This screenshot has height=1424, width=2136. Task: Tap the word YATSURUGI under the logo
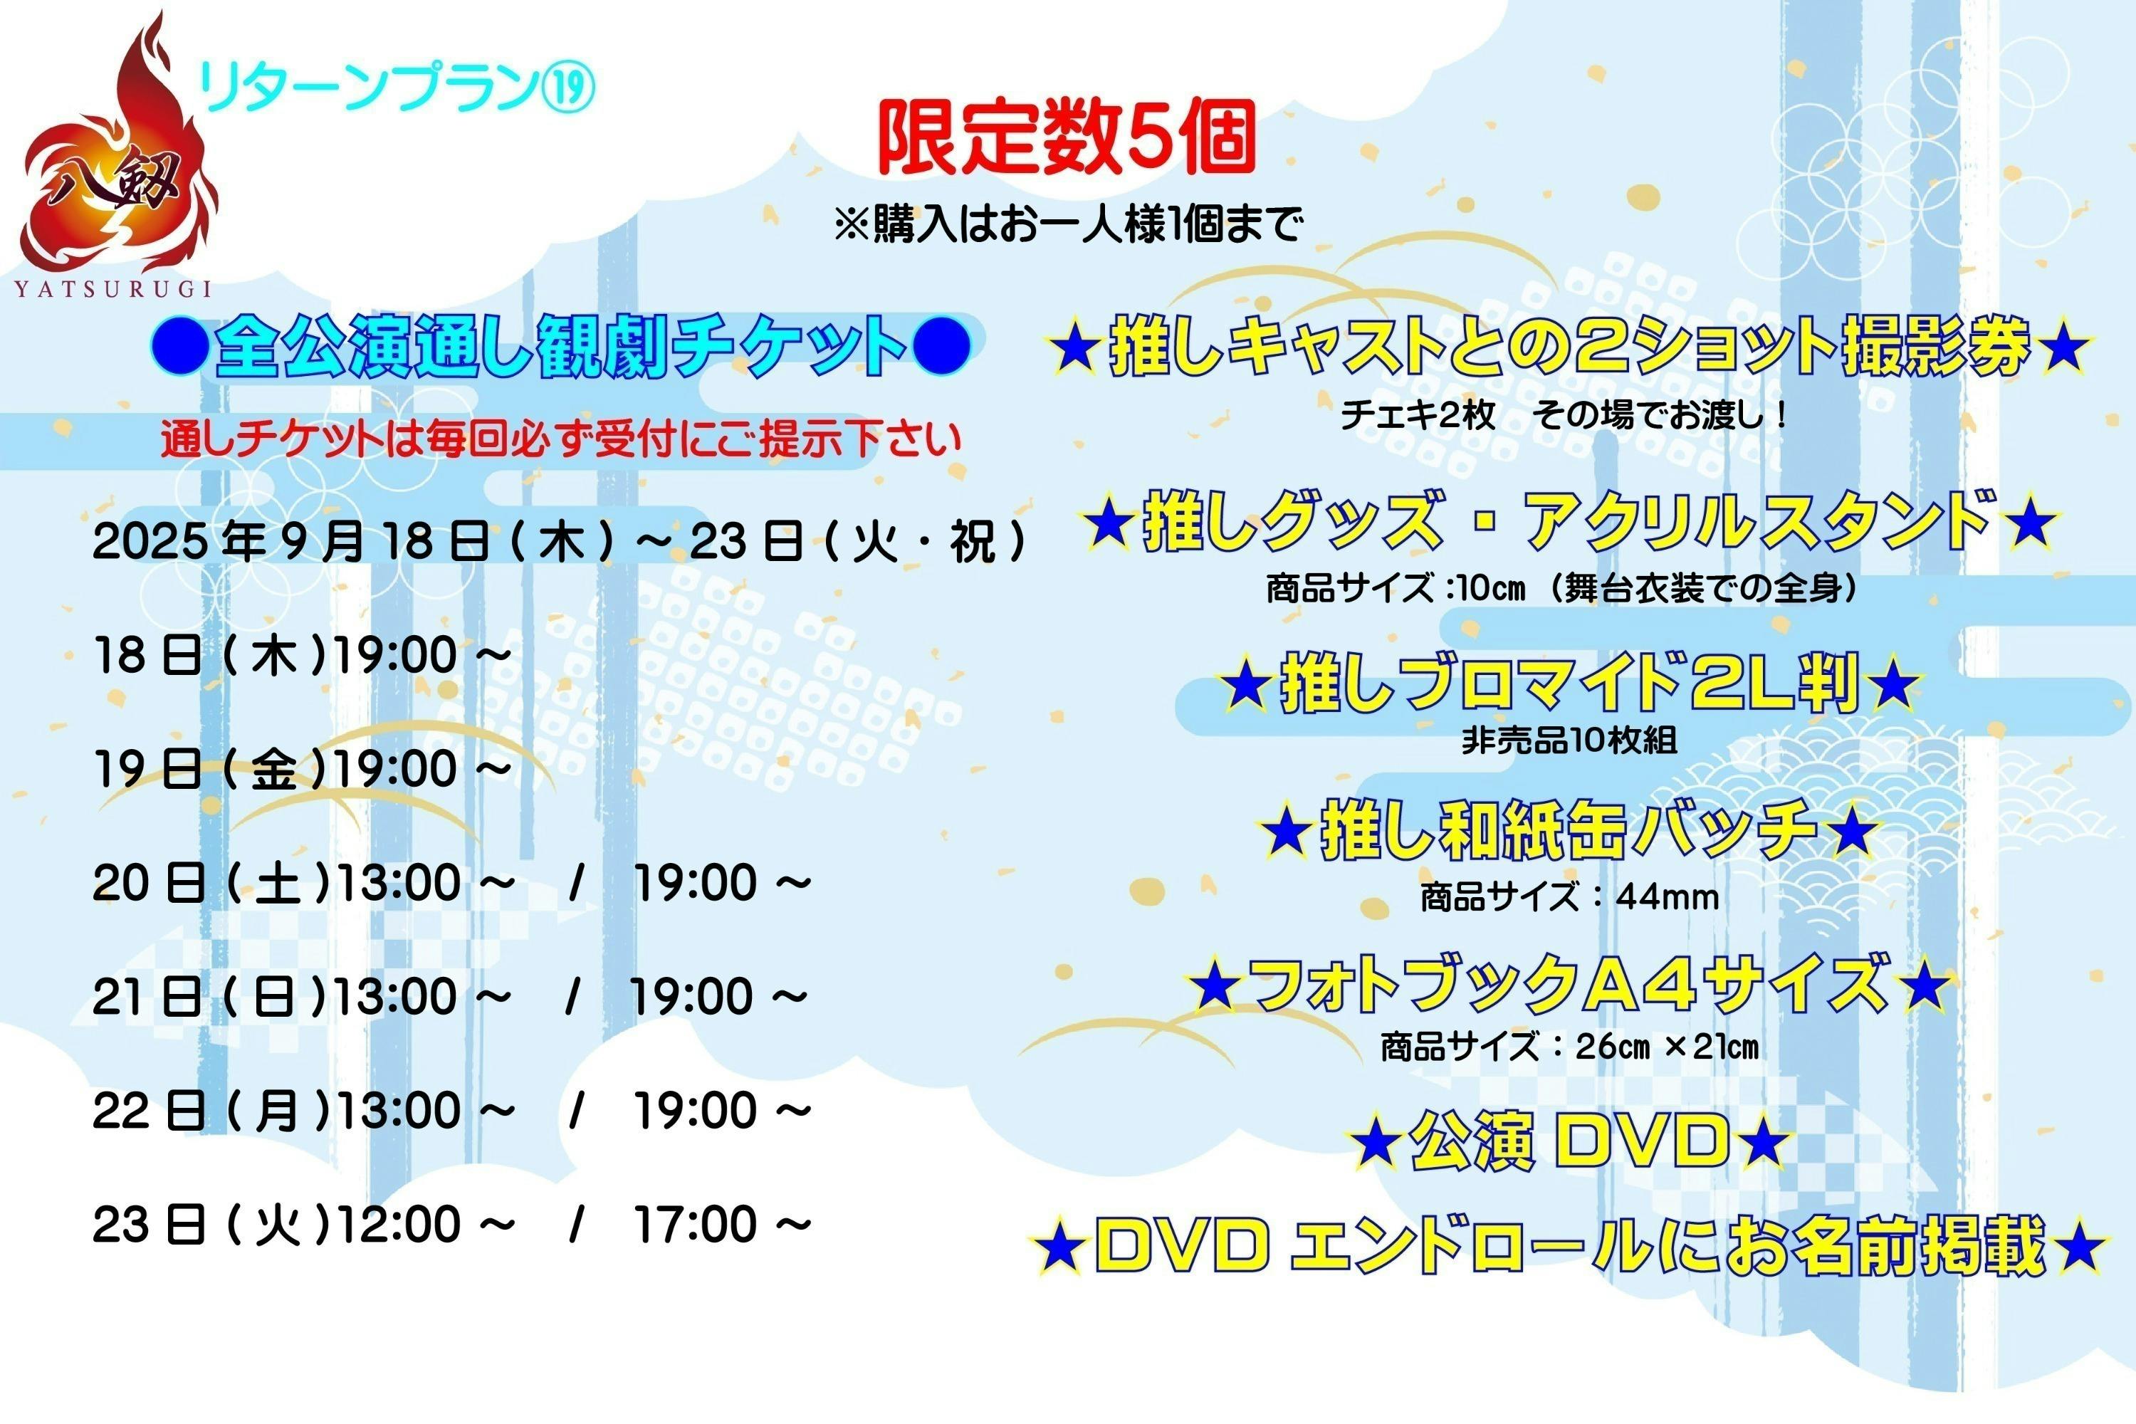[113, 290]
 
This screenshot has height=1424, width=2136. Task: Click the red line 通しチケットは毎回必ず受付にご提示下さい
[560, 439]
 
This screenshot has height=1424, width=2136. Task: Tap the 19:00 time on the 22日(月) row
[695, 1111]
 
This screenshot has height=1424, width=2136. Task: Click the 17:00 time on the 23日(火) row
[695, 1224]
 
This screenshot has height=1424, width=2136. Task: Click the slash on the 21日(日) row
[572, 996]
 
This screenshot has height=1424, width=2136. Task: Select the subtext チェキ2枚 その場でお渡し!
[1564, 415]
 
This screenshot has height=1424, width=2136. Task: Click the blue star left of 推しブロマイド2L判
[1244, 686]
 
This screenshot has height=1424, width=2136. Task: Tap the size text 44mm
[1668, 897]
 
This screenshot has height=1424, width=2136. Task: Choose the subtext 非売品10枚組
[1569, 741]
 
